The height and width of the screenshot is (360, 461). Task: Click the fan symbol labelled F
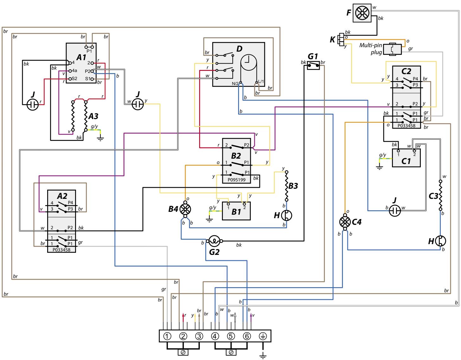[362, 14]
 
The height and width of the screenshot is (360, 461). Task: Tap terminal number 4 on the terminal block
[215, 336]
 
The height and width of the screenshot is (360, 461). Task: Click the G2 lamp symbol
[214, 241]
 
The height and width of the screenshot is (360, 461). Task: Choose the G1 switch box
[313, 66]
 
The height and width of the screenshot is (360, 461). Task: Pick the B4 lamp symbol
[185, 209]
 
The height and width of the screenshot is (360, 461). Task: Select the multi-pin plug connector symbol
[392, 49]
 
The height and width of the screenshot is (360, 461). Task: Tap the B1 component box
[236, 211]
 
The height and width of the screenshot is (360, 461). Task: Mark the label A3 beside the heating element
[93, 117]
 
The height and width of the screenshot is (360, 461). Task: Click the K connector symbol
[341, 39]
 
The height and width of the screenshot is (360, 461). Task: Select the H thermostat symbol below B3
[287, 215]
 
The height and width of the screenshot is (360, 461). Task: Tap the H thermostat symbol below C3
[440, 241]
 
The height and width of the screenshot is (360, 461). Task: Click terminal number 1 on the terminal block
[167, 336]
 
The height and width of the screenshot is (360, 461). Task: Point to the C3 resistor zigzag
[440, 195]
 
